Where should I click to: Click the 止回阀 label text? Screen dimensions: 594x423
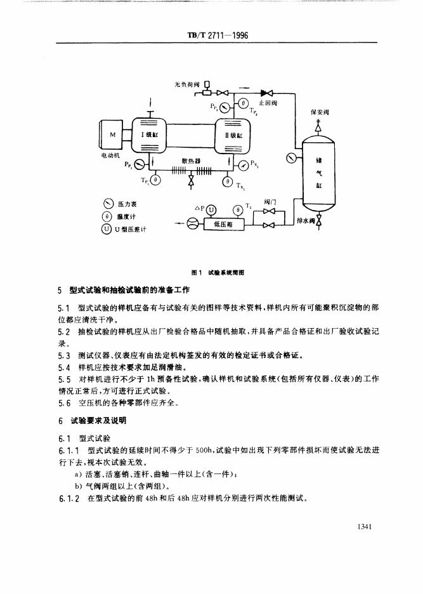(267, 102)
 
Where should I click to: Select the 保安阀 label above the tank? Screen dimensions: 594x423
(318, 113)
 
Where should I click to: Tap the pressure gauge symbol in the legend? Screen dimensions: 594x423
(108, 204)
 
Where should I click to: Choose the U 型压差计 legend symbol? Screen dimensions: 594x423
(108, 228)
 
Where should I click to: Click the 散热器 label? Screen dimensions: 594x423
(190, 161)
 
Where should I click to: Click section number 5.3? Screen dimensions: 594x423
(63, 354)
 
